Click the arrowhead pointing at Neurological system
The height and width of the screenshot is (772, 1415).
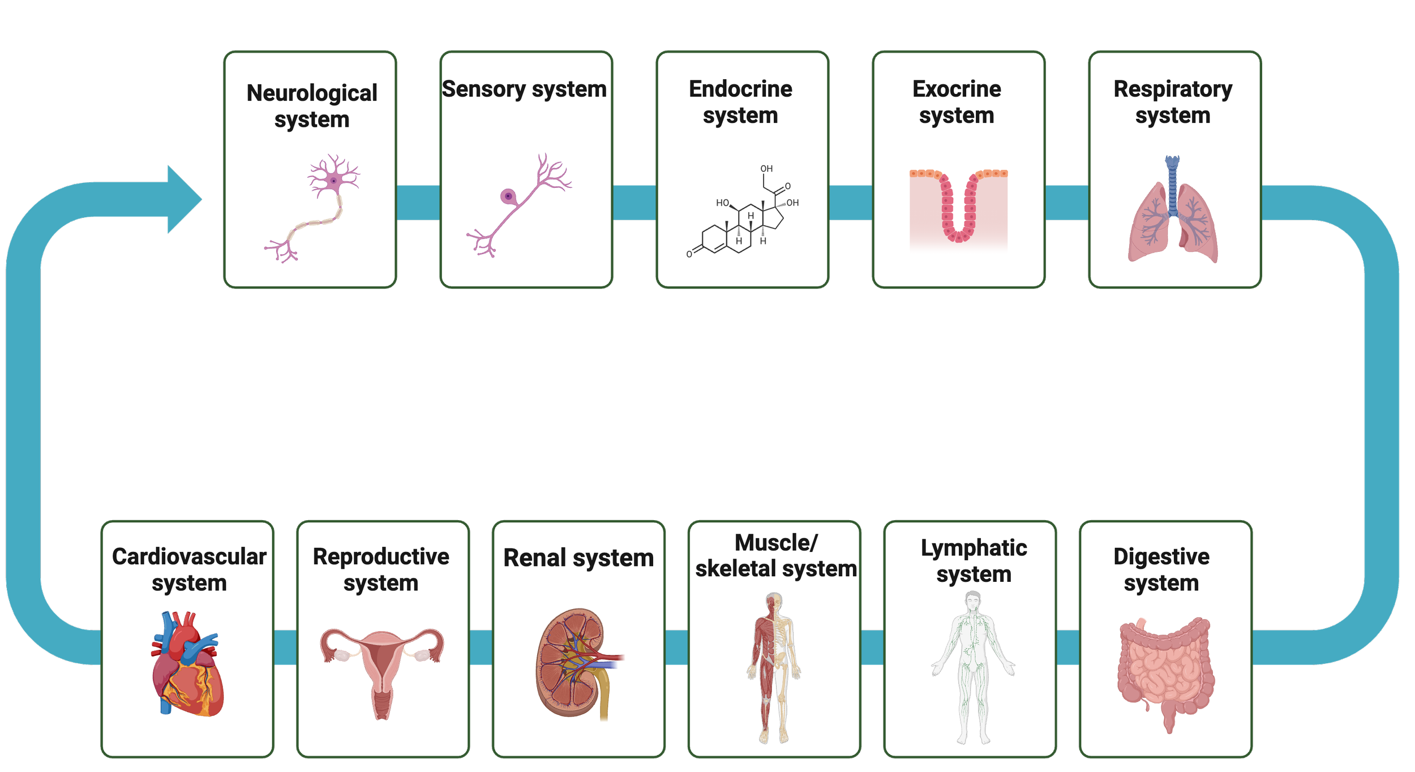coord(184,199)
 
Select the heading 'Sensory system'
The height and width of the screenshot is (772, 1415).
coord(524,89)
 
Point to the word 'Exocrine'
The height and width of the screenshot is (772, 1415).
coord(957,89)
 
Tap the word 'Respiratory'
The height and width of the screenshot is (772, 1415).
coord(1173,89)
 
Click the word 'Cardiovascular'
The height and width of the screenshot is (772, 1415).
coord(189,556)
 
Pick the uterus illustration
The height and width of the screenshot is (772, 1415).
coord(382,668)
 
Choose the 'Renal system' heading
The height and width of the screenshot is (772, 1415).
coord(578,558)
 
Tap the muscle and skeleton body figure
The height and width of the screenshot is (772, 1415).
coord(774,668)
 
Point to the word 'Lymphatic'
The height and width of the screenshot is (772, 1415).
coord(974,548)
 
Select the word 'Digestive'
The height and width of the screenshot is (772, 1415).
coord(1161,556)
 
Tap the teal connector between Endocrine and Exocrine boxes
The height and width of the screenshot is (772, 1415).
coord(851,202)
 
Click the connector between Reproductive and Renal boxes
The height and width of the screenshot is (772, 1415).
coord(481,647)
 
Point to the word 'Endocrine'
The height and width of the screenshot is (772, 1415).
coord(740,89)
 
